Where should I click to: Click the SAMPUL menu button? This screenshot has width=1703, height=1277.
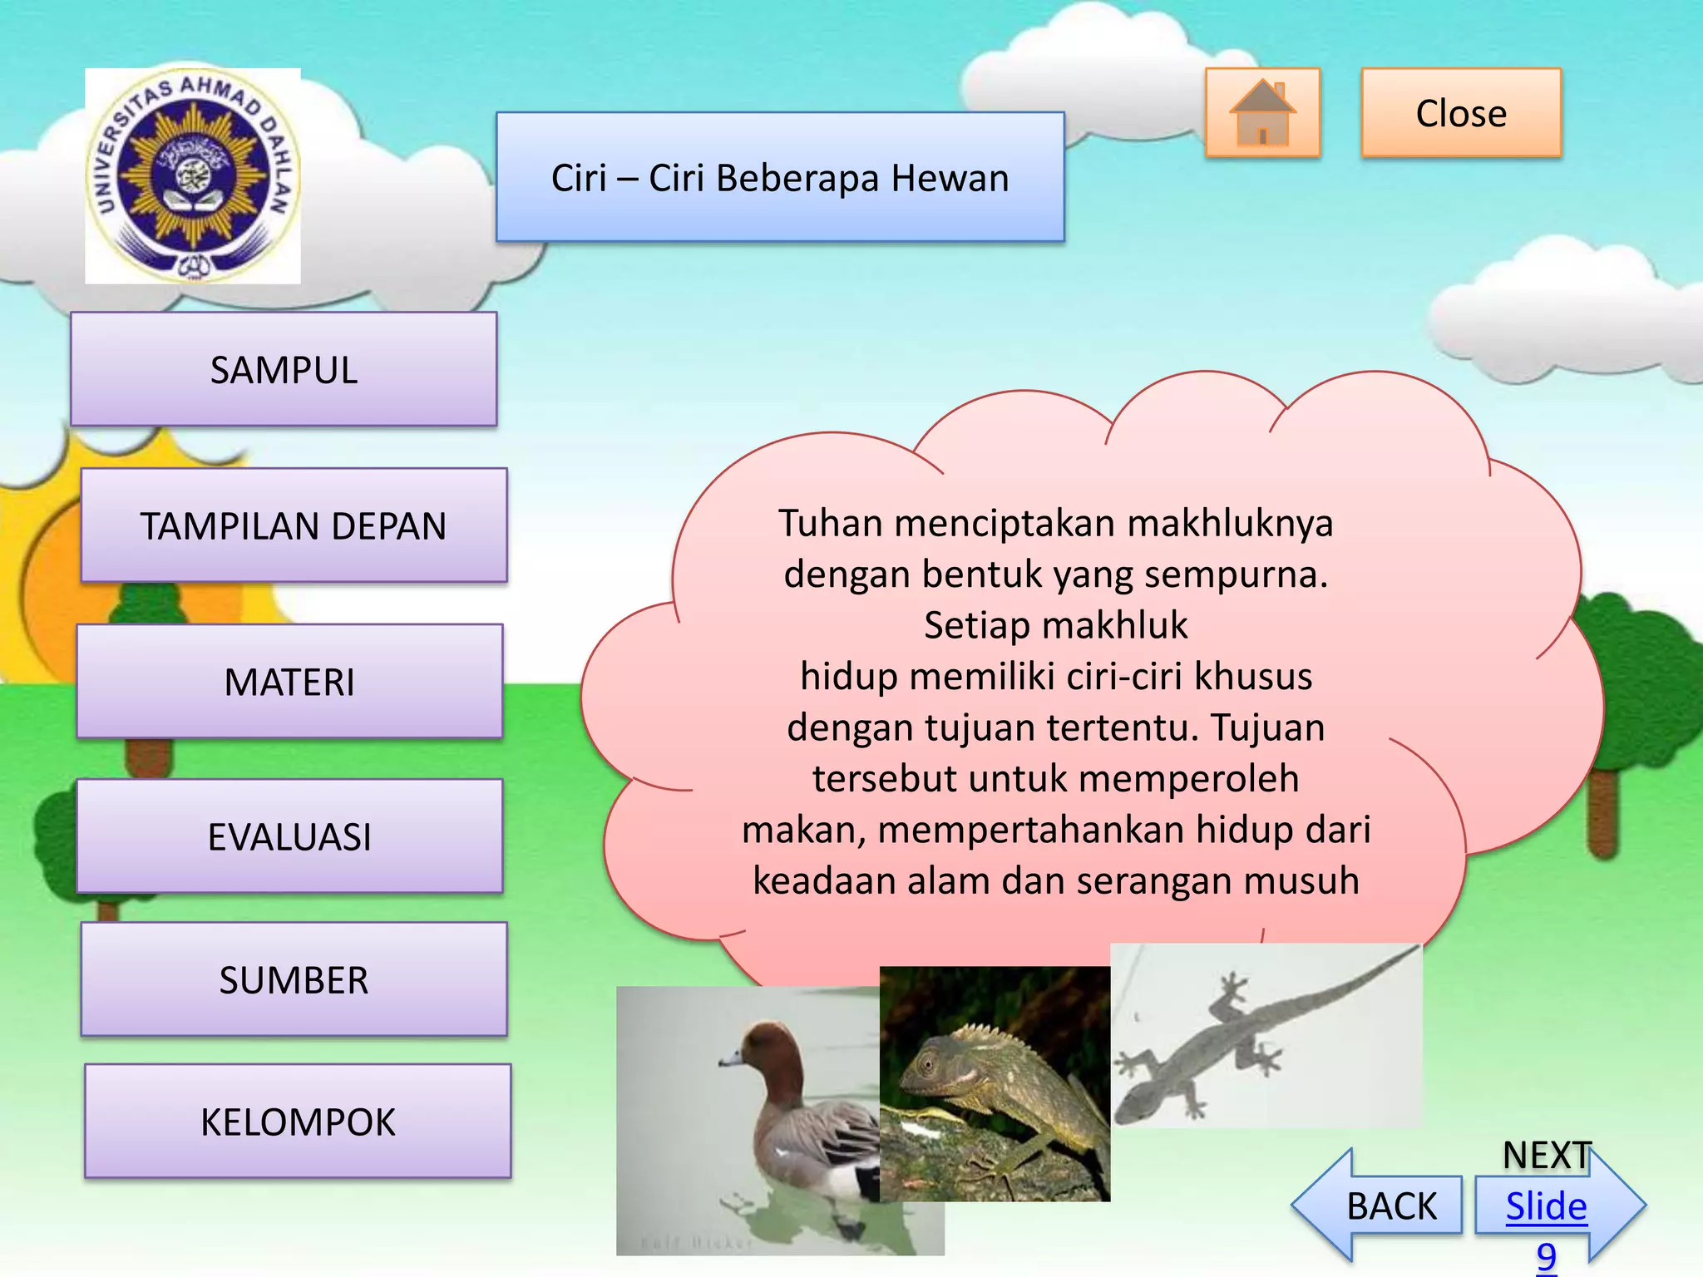(x=284, y=370)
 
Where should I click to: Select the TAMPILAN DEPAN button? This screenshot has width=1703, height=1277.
(x=294, y=525)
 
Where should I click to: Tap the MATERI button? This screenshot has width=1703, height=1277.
(x=289, y=682)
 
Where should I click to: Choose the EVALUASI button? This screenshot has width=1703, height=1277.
(x=289, y=836)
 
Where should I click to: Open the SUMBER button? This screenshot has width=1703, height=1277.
(x=294, y=979)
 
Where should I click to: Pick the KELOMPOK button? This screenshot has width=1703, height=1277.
(x=298, y=1122)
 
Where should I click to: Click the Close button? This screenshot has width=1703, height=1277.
(x=1461, y=113)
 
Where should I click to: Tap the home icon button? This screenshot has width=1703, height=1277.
(x=1262, y=113)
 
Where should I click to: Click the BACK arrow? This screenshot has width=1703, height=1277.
(x=1380, y=1206)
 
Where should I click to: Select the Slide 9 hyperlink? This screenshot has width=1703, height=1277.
(x=1546, y=1207)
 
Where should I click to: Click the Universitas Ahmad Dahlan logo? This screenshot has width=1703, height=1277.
(x=193, y=176)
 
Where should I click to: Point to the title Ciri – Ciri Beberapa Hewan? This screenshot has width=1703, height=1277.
(x=780, y=178)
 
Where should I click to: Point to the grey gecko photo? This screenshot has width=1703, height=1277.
(x=1266, y=1036)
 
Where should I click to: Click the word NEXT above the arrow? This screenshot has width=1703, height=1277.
(x=1547, y=1156)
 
